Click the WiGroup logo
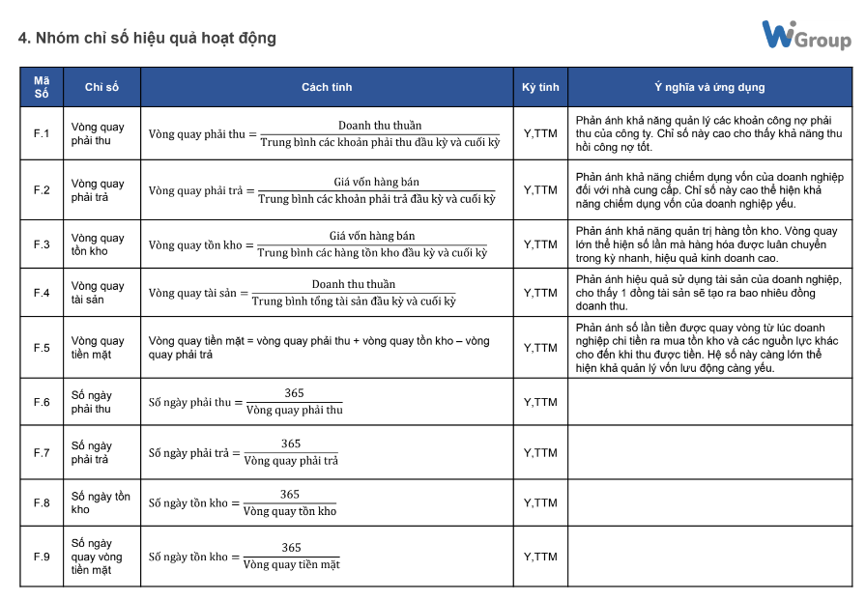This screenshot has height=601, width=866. (x=805, y=36)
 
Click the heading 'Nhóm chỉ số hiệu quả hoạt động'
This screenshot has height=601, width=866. (x=147, y=39)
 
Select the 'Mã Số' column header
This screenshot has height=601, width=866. (x=42, y=87)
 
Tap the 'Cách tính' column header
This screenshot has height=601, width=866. (x=327, y=87)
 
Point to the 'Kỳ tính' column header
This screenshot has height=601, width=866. (x=540, y=87)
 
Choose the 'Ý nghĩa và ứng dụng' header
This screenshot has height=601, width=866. (x=709, y=87)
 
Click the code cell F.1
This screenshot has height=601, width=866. (x=42, y=133)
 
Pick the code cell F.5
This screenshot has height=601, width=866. (x=42, y=348)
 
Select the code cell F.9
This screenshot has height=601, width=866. (x=42, y=557)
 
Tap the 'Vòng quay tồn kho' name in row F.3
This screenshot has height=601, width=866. (x=98, y=244)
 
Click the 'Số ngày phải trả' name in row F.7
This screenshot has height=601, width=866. (x=91, y=452)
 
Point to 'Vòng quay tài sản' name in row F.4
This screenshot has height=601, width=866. (x=98, y=293)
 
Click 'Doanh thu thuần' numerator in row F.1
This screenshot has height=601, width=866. (x=380, y=126)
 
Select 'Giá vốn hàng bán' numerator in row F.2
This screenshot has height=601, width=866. (x=376, y=182)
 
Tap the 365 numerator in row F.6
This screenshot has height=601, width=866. (x=294, y=393)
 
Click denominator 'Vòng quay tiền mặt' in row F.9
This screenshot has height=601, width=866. (x=291, y=565)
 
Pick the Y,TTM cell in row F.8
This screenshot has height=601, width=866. (x=540, y=502)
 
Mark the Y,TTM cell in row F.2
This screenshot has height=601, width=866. (x=540, y=190)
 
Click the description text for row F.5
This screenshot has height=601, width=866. (x=704, y=348)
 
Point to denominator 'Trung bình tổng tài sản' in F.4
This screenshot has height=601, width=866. (x=353, y=301)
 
